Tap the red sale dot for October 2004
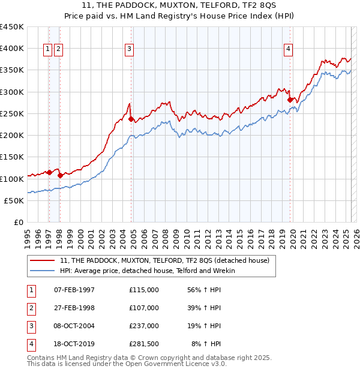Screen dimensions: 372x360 click(131, 119)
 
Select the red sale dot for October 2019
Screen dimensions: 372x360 click(290, 100)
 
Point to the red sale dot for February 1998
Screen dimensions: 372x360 click(60, 176)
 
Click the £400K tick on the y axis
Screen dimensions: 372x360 click(13, 49)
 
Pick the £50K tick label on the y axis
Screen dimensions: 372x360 click(15, 200)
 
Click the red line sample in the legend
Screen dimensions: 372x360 click(43, 260)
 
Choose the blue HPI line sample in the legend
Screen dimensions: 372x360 click(43, 271)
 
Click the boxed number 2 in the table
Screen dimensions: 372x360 click(30, 308)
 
